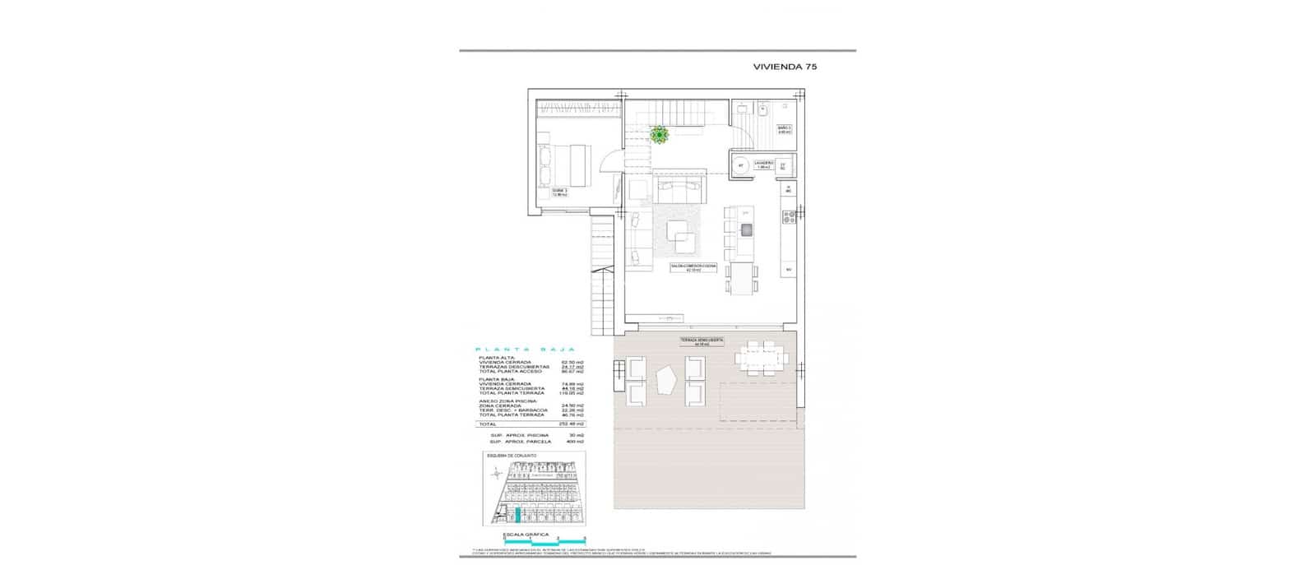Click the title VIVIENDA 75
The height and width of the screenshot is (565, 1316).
[x=785, y=68]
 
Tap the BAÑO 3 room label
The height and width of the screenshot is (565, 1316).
[x=785, y=129]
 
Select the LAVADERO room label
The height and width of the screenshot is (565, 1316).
[x=764, y=164]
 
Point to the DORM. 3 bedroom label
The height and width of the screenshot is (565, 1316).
[x=559, y=192]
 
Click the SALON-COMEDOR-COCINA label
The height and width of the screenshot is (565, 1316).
[x=693, y=267]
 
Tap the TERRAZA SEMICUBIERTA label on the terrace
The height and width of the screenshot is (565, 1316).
[x=702, y=342]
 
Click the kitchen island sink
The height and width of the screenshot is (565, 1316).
[x=747, y=229]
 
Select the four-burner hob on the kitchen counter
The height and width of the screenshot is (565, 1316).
[x=788, y=218]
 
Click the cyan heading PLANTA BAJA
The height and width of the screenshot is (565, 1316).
[x=525, y=349]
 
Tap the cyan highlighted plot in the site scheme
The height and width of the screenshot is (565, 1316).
[x=518, y=516]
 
